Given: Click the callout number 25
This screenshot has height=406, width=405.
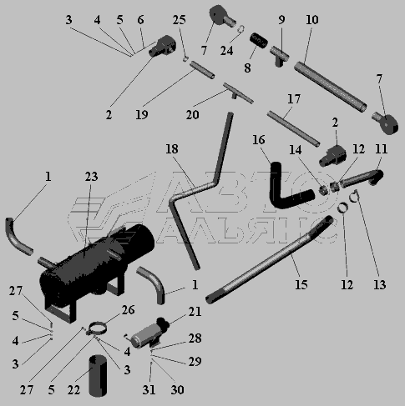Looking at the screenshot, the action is coord(180,20).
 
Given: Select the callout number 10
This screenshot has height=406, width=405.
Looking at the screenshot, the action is coord(311,20).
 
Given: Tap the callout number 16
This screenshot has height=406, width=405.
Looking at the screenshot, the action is coord(259,140).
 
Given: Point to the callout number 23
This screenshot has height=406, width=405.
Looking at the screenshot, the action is coord(91,177).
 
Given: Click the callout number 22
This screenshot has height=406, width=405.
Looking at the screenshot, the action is coord(73,389).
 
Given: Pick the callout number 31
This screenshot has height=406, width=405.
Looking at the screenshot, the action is coord(149,389).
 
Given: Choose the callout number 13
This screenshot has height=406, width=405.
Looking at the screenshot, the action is coord(380,284).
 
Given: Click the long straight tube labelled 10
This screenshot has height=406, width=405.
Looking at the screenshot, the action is coord(331,87).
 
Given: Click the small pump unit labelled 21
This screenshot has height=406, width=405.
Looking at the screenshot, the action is coord(149,333).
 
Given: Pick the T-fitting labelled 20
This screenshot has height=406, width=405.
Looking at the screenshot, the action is coord(237,93).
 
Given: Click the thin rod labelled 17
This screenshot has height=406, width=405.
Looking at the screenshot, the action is coord(293,128).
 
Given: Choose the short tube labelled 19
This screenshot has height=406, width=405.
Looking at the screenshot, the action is coord(202,70).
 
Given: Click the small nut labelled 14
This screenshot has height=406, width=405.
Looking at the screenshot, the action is coord(323,190).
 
